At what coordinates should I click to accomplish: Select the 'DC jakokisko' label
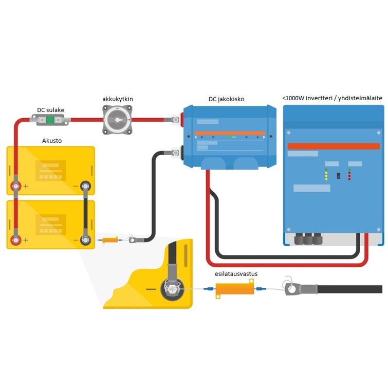pos(226,99)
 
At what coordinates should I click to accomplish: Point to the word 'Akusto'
pos(52,140)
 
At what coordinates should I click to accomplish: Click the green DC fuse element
pos(50,120)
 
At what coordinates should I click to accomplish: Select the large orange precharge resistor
pos(235,290)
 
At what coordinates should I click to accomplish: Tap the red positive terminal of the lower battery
pos(16,239)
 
